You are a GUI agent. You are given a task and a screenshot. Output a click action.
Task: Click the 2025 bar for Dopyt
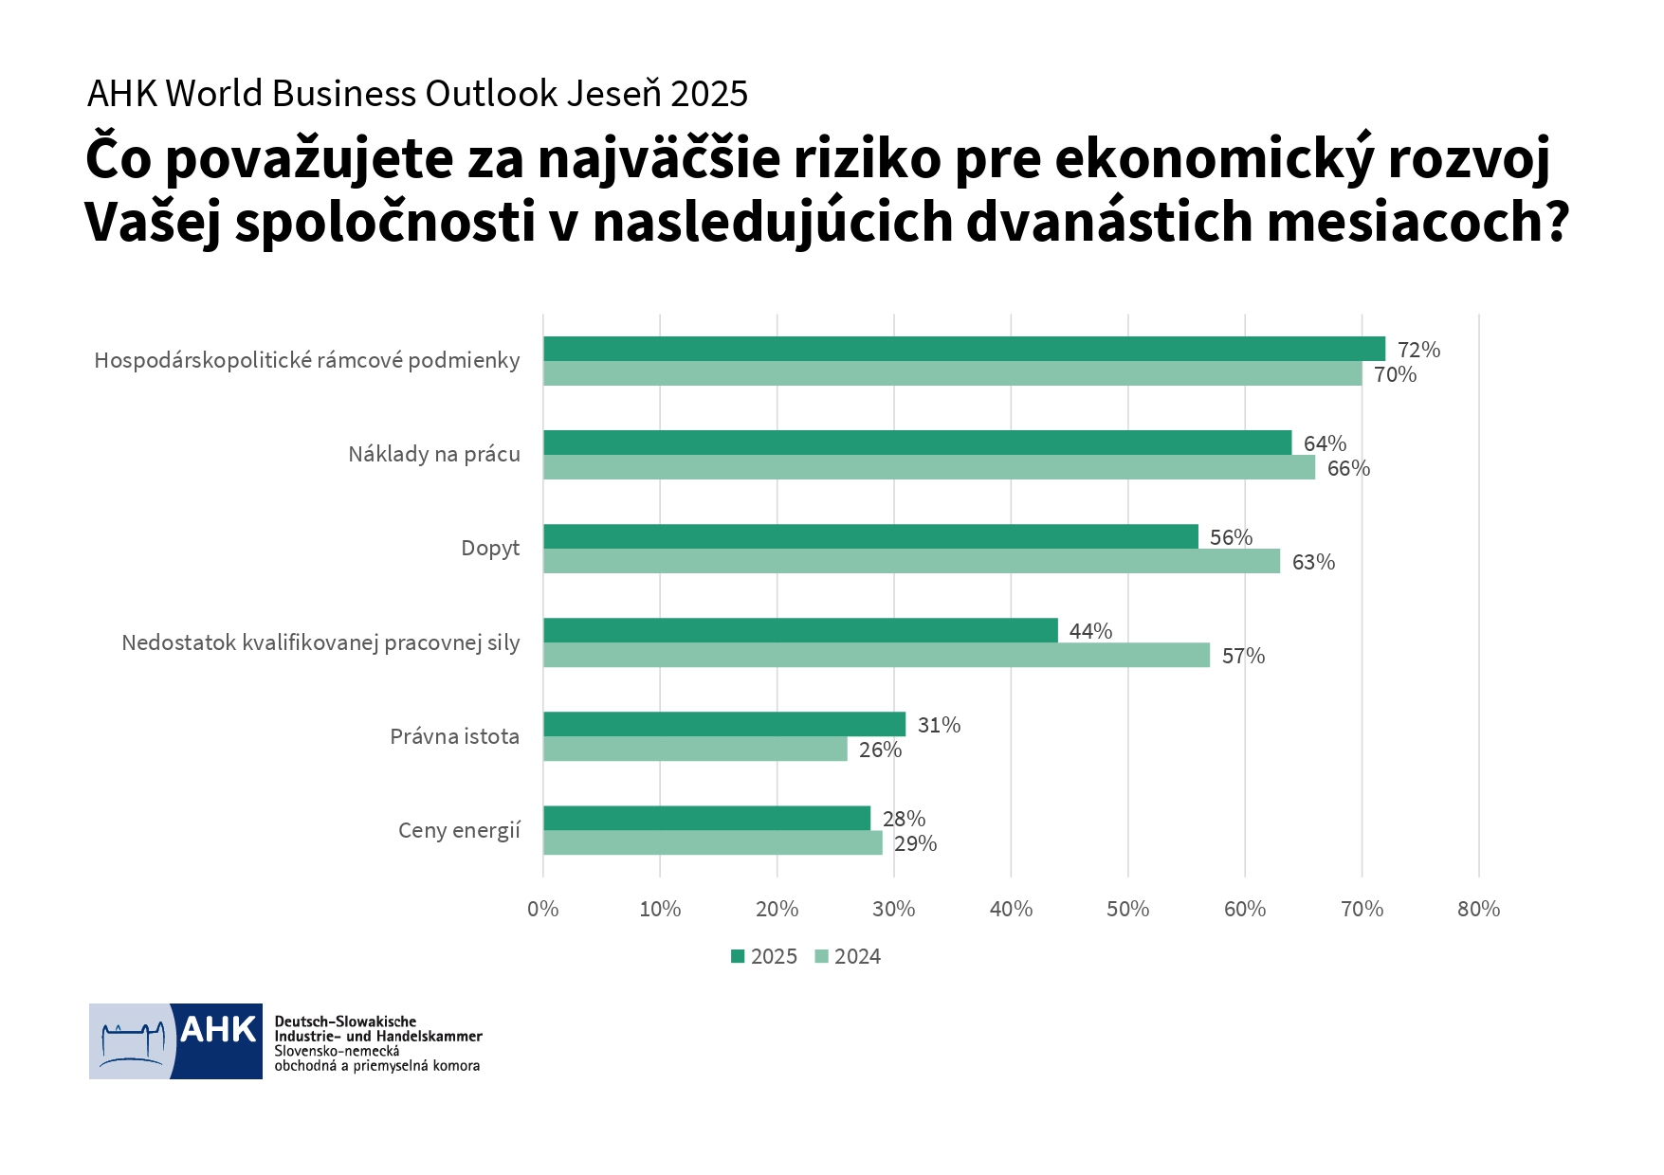[x=870, y=536]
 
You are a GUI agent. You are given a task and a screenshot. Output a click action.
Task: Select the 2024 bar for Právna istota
[x=695, y=750]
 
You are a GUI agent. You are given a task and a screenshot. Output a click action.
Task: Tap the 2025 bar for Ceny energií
[x=706, y=818]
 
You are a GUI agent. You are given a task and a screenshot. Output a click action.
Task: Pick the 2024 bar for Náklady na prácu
[x=929, y=468]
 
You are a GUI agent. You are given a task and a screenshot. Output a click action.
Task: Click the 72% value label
[x=1418, y=350]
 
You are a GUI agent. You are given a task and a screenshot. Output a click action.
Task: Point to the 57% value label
[x=1243, y=656]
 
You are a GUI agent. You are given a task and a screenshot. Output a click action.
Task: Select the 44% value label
[x=1090, y=631]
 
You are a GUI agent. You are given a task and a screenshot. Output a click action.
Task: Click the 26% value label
[x=880, y=750]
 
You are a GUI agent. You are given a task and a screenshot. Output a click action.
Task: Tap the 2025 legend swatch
[x=738, y=956]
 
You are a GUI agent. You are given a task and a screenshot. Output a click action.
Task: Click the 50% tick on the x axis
[x=1127, y=909]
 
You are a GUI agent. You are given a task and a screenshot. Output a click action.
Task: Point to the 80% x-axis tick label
[x=1478, y=909]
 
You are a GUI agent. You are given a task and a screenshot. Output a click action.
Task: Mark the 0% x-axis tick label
[x=542, y=909]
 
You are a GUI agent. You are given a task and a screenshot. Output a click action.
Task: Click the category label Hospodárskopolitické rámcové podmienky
[x=307, y=360]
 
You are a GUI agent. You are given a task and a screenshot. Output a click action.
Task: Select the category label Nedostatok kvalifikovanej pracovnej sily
[x=320, y=642]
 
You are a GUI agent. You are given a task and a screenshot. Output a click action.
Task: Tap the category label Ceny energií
[x=459, y=830]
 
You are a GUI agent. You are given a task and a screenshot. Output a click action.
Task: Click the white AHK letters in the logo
[x=218, y=1029]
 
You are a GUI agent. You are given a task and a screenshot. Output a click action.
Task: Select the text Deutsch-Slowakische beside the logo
[x=345, y=1021]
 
